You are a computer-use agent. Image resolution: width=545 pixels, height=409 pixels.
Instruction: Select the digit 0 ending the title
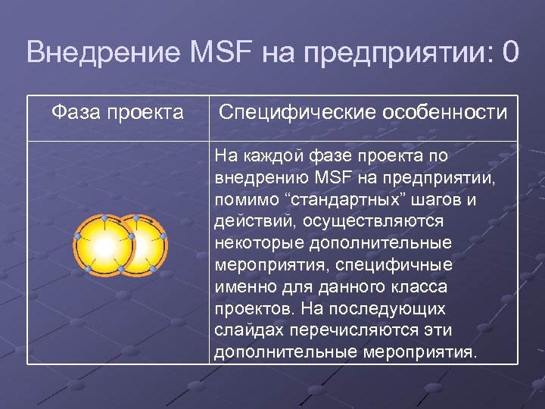(510, 53)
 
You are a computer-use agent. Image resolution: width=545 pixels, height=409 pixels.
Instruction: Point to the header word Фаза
(77, 113)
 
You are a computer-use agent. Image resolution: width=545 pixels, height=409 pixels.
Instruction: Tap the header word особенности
(446, 113)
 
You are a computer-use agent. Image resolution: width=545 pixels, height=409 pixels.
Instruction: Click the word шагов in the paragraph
(438, 201)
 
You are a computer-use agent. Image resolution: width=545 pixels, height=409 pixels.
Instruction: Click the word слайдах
(251, 331)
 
